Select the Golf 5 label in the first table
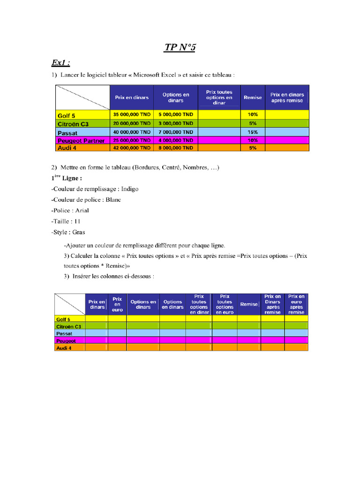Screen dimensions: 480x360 coord(66,116)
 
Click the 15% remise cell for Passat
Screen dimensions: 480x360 coord(253,132)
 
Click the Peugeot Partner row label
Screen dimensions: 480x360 coord(81,141)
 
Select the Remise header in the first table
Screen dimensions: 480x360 coord(253,97)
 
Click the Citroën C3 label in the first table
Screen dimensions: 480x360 coord(73,124)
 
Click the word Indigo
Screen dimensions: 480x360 coord(129,189)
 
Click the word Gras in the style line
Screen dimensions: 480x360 coord(78,232)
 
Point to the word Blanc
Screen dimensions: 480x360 coord(113,200)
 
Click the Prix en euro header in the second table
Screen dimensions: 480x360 coord(117,304)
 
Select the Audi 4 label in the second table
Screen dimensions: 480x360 coord(63,348)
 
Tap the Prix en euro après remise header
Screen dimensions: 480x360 coord(296,304)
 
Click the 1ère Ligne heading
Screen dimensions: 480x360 coord(67,178)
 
